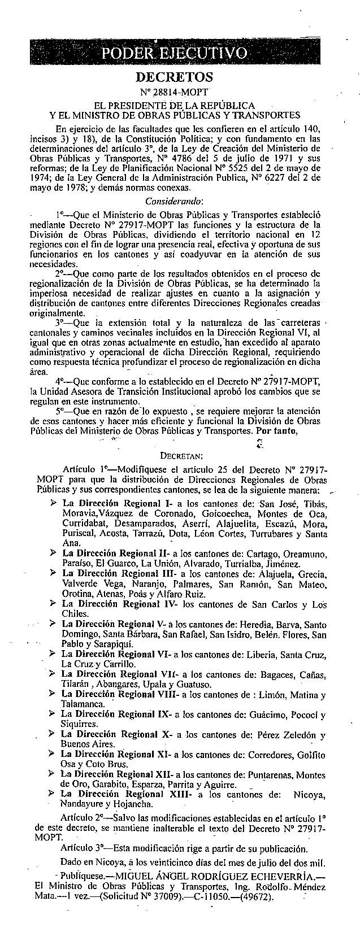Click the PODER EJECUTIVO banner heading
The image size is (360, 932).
(174, 54)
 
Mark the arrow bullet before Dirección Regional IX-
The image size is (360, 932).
(53, 715)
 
